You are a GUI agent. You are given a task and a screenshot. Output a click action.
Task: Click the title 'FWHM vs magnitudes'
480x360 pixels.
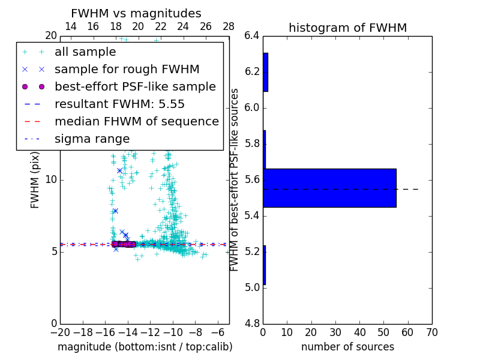[x=136, y=14]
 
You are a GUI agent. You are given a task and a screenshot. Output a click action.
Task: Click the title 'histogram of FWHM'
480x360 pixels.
[x=347, y=28]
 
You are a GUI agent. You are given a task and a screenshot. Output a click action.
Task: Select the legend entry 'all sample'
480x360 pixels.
[x=85, y=52]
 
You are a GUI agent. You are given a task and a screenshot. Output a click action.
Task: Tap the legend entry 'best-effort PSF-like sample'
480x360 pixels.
[x=135, y=87]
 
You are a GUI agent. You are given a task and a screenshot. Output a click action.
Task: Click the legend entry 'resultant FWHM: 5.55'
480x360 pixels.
[x=119, y=104]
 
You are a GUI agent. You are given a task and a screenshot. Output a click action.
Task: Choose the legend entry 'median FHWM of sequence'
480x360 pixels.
[x=136, y=122]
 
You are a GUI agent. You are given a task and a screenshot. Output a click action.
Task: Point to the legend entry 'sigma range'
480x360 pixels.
[x=92, y=139]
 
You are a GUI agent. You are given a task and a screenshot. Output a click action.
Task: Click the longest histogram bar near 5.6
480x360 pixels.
[x=329, y=188]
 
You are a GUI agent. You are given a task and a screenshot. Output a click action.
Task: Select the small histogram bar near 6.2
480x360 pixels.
[x=265, y=72]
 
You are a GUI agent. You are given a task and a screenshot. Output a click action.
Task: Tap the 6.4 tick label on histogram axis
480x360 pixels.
[x=252, y=36]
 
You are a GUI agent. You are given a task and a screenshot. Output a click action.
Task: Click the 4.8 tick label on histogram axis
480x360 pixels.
[x=252, y=323]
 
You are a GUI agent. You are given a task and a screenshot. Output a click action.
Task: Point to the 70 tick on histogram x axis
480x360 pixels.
[x=431, y=332]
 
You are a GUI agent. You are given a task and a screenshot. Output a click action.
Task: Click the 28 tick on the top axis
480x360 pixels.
[x=229, y=27]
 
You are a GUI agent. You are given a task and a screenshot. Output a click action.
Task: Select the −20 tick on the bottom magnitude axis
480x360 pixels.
[x=60, y=332]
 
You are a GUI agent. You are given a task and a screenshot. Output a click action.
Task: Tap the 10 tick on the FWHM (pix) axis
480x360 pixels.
[x=50, y=180]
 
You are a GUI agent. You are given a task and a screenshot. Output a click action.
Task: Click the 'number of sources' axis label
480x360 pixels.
[x=347, y=347]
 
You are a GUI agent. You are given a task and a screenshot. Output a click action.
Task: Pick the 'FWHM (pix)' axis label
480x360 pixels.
[x=35, y=180]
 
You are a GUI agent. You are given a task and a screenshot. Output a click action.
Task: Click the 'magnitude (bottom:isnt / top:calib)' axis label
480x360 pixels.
[x=145, y=347]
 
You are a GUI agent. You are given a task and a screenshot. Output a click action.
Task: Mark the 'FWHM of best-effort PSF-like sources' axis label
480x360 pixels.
[x=235, y=180]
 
